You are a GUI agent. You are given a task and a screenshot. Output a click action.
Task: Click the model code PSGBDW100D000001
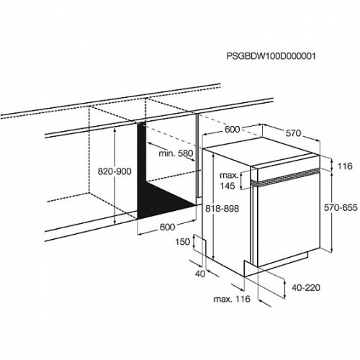pos(271,56)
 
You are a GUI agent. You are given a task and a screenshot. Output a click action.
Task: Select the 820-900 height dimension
pos(114,171)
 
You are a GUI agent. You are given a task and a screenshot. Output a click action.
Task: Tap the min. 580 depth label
pos(176,153)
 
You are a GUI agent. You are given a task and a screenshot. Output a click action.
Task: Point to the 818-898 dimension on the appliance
pos(222,209)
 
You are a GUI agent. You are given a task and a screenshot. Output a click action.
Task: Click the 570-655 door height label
pos(341,207)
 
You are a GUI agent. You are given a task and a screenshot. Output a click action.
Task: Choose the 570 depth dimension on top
pos(293,133)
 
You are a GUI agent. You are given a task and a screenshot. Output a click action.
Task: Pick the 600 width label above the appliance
pos(232,130)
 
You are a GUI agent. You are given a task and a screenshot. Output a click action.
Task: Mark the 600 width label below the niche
pos(168,227)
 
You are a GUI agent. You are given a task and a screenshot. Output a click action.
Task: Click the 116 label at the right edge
pos(345,166)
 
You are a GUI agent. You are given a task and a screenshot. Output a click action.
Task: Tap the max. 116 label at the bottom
pos(232,299)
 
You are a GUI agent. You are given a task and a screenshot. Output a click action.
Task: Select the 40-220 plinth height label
pos(306,287)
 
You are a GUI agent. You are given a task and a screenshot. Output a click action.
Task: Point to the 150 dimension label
pos(183,242)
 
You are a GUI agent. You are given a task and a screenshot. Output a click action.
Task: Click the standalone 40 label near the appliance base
pos(200,274)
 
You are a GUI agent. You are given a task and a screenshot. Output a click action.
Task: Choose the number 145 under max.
pos(228,186)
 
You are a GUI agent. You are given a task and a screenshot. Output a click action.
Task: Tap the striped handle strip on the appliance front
pos(286,177)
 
